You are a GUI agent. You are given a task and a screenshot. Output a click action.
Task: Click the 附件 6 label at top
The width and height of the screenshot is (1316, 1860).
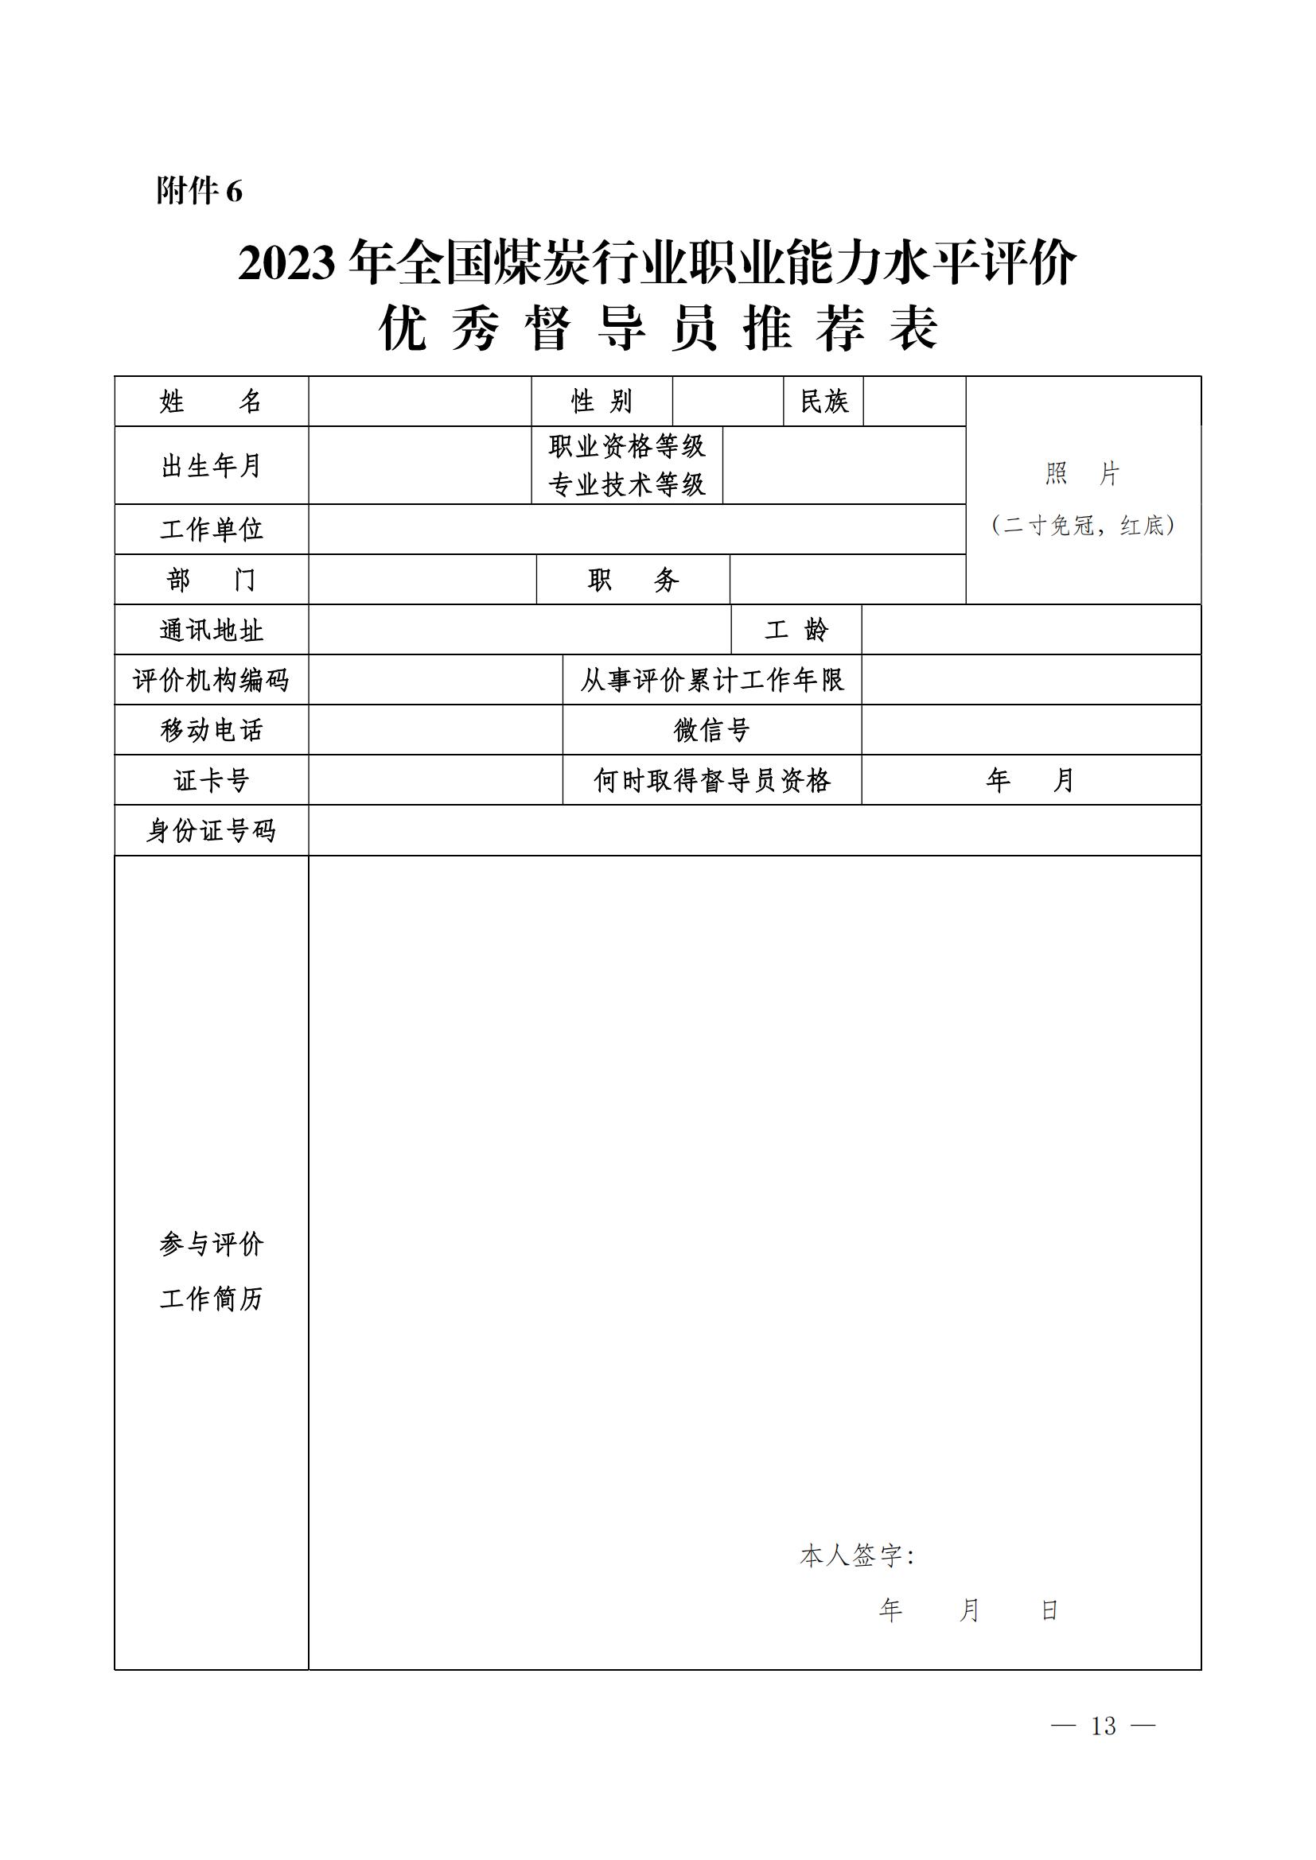200,191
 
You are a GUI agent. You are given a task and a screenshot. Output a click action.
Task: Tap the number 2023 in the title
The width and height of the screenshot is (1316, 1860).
287,264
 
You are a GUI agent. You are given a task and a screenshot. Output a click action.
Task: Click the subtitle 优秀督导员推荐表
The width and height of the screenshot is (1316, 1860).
657,329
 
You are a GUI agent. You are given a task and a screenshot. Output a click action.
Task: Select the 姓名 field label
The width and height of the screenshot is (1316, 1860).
211,401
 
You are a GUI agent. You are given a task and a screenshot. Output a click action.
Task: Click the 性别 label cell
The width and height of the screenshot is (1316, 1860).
602,401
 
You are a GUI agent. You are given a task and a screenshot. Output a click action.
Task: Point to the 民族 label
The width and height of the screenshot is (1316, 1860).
823,401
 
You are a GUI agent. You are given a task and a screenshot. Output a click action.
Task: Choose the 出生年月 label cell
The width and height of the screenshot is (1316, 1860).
211,466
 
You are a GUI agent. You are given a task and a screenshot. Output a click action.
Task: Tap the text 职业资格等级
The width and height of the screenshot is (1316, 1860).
626,445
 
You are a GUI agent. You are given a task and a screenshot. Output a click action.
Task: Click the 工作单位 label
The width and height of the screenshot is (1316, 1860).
211,530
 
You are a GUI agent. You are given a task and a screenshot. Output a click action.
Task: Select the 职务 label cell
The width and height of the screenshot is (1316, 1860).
633,580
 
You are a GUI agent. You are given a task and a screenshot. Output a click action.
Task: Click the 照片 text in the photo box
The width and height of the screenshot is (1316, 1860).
1083,474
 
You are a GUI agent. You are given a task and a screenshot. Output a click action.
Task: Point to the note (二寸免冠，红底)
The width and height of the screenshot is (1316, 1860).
1083,526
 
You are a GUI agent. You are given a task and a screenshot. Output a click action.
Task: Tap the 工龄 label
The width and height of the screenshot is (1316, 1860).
796,631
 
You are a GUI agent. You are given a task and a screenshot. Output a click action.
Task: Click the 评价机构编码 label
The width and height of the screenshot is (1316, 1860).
211,681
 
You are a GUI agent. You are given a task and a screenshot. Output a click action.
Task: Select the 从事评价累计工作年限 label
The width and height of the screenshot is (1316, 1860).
711,681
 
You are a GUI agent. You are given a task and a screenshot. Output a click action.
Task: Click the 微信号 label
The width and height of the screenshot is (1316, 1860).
711,731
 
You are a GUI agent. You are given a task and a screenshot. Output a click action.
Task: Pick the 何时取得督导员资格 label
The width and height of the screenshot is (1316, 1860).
711,781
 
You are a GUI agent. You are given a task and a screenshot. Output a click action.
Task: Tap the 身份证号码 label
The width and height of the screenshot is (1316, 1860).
211,831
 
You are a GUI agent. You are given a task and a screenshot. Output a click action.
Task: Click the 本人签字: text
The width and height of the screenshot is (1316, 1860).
858,1556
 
